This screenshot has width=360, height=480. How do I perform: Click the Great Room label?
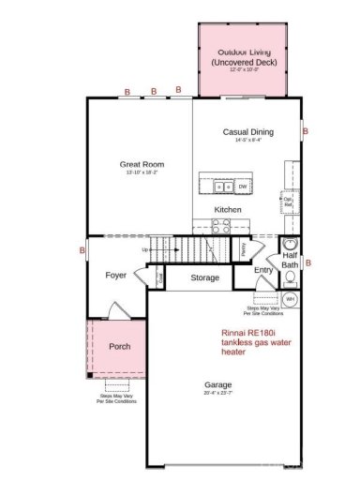click(142, 163)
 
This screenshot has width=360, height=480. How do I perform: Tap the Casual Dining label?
click(247, 132)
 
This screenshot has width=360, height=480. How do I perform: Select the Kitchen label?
click(228, 209)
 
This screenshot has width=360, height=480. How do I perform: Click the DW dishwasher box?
click(242, 186)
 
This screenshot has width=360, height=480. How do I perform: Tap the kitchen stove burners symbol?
click(221, 225)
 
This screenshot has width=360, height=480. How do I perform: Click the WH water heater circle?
click(291, 299)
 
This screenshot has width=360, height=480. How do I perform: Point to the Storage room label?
click(204, 277)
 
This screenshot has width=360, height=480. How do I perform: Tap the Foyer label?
click(115, 276)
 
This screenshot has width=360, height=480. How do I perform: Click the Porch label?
click(119, 346)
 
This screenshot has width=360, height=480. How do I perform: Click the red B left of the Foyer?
click(82, 251)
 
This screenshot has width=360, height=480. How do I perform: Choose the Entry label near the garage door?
click(263, 270)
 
